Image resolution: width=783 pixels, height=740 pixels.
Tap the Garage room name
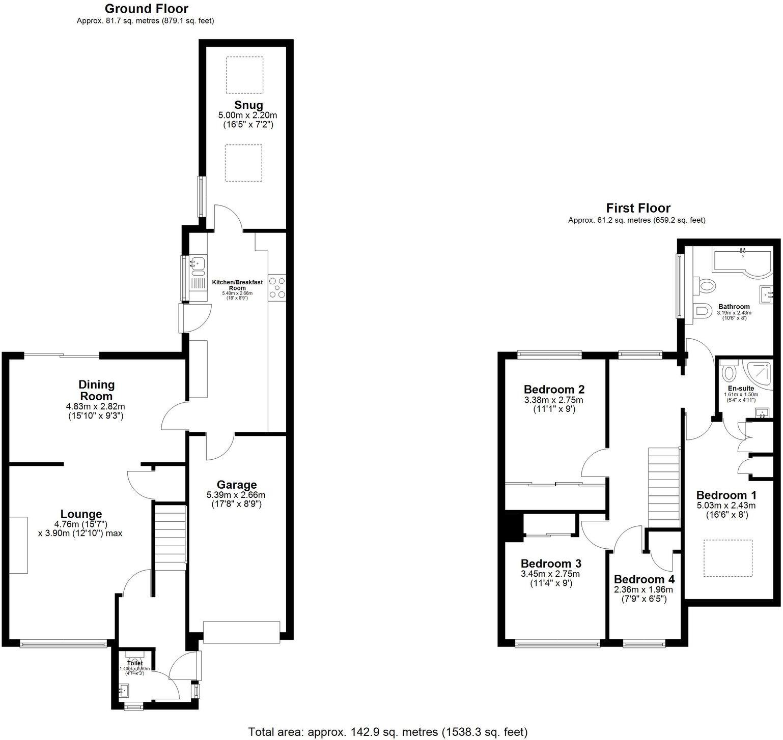(236, 485)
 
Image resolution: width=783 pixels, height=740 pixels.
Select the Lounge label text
(81, 514)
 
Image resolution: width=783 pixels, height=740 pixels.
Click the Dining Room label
(96, 390)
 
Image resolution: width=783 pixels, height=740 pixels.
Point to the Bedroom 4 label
(644, 579)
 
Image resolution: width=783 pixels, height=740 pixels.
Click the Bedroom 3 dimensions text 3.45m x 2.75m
(550, 574)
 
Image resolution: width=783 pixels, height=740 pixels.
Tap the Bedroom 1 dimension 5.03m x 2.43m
(726, 506)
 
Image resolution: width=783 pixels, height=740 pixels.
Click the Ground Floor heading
(146, 9)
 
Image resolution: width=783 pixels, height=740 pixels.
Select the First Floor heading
(638, 208)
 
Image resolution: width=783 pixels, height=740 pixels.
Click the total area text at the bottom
(387, 732)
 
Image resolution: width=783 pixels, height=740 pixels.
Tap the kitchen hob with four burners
(277, 287)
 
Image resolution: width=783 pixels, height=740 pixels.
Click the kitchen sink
(198, 263)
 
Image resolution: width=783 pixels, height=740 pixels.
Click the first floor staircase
(664, 488)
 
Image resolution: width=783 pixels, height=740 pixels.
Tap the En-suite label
(741, 388)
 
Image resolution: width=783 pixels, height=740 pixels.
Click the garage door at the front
(241, 632)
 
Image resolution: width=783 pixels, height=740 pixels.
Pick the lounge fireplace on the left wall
(18, 545)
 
